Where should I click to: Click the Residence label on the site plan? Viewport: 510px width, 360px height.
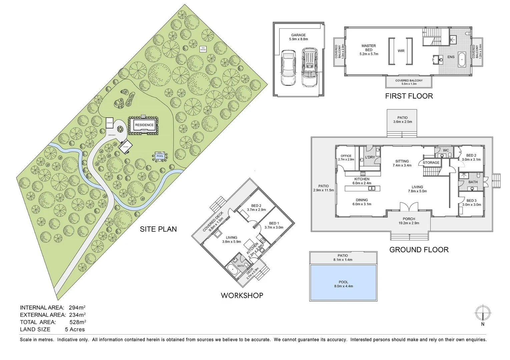click(144, 125)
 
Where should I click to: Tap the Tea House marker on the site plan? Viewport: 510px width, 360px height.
click(203, 49)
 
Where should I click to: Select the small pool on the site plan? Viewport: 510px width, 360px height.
click(160, 156)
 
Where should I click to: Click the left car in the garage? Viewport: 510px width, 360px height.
click(288, 68)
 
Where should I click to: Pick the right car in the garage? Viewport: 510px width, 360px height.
click(310, 67)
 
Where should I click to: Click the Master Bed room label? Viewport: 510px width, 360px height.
click(369, 50)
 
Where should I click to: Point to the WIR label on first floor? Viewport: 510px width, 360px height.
click(401, 51)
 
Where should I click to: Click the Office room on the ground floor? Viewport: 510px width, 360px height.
click(346, 158)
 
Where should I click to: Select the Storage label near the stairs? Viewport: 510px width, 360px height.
click(431, 163)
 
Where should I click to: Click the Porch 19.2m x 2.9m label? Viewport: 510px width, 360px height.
click(409, 221)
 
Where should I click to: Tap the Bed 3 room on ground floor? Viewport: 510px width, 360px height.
click(471, 203)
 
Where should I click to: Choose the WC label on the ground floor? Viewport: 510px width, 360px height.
click(446, 150)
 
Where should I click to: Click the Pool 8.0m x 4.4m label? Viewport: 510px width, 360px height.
click(343, 284)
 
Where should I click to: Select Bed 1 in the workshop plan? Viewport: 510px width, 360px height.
click(274, 225)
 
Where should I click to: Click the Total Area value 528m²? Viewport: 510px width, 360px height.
click(77, 322)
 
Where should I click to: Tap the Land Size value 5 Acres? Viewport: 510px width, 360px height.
click(75, 330)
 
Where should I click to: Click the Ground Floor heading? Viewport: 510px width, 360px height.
click(419, 250)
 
